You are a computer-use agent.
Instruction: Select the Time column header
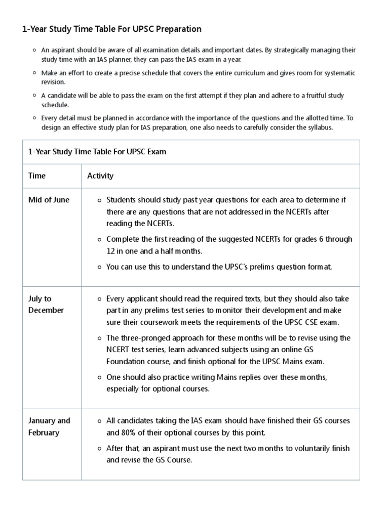(x=37, y=176)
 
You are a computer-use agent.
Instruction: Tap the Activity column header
(x=100, y=176)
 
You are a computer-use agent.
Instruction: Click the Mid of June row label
(x=49, y=200)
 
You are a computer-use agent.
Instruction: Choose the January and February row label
(x=49, y=426)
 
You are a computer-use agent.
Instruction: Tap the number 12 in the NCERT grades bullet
(x=111, y=251)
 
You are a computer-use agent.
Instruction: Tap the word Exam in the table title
(x=156, y=152)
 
